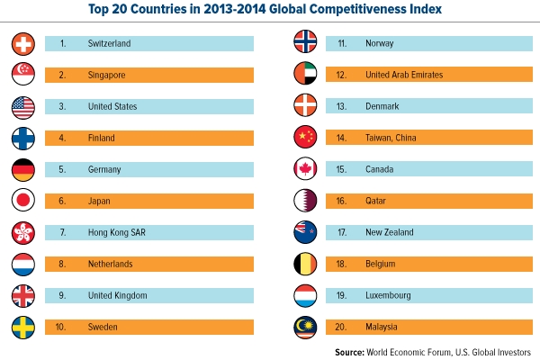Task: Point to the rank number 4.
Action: pyautogui.click(x=63, y=138)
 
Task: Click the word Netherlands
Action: pyautogui.click(x=111, y=264)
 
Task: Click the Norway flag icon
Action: pyautogui.click(x=306, y=42)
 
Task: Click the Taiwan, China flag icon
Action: pyautogui.click(x=306, y=138)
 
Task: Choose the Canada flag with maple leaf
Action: pyautogui.click(x=306, y=169)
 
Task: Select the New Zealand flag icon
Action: pyautogui.click(x=306, y=232)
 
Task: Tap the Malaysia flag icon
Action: pyautogui.click(x=306, y=327)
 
